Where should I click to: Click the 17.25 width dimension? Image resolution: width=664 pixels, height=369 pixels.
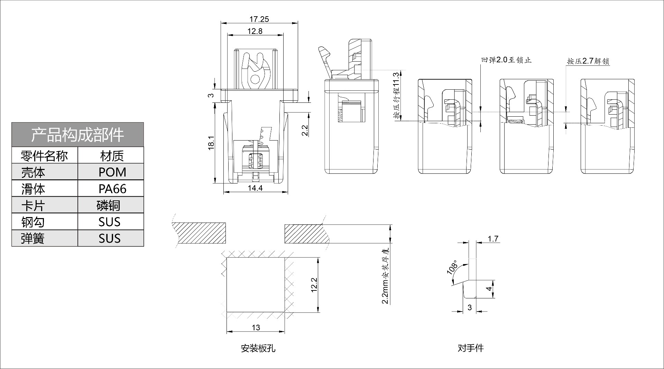[x=259, y=19]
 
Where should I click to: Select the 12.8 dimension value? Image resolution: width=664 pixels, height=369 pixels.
[x=255, y=31]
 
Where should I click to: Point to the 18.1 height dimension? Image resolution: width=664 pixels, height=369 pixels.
[x=211, y=143]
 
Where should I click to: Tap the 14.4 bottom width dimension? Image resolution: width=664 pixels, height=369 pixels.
[x=256, y=188]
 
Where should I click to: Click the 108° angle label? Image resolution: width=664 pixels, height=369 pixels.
[x=452, y=268]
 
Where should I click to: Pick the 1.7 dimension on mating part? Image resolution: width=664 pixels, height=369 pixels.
[x=493, y=238]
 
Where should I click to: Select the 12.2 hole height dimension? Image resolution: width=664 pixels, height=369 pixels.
[x=314, y=285]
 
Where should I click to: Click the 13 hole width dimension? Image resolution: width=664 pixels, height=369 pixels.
[x=256, y=327]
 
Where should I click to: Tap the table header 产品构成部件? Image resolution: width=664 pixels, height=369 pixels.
[x=77, y=135]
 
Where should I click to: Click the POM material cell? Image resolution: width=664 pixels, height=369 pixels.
[x=112, y=172]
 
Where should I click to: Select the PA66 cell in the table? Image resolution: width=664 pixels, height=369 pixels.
[x=112, y=189]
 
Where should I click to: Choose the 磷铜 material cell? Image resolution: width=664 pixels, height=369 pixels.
[x=108, y=205]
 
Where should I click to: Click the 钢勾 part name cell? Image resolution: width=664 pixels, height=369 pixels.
[x=33, y=222]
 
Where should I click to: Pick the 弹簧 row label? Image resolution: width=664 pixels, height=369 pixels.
[x=33, y=238]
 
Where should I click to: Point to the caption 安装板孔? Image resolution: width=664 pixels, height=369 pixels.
[x=258, y=348]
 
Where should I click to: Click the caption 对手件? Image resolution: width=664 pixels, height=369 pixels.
[x=470, y=348]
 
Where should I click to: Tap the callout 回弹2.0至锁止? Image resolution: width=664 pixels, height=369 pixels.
[x=506, y=60]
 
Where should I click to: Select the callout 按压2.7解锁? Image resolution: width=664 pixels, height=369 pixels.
[x=588, y=61]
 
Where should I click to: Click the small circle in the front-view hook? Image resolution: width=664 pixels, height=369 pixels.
[x=255, y=79]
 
